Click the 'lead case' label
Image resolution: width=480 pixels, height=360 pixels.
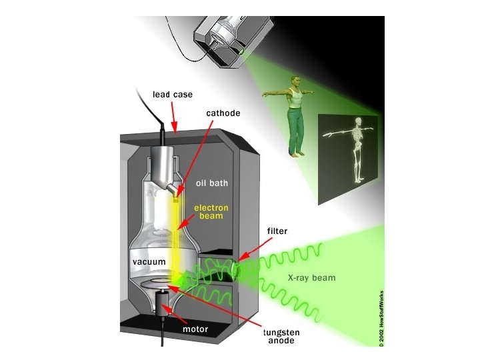(173, 95)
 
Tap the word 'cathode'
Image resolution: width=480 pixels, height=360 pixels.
(223, 113)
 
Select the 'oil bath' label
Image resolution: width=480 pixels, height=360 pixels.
(212, 182)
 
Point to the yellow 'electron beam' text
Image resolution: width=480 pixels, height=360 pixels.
(211, 212)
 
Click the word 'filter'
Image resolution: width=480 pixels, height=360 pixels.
(277, 231)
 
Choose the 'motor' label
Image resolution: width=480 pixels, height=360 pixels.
(195, 329)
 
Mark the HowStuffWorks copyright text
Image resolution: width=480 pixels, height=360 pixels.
(381, 316)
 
